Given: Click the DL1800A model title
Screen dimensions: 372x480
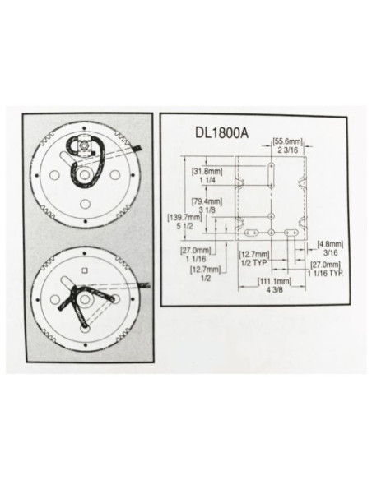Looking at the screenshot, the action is (x=221, y=133).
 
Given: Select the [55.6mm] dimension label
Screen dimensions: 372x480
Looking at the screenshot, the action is (x=287, y=141).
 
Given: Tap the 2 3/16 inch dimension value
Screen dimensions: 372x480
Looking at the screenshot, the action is (x=288, y=150).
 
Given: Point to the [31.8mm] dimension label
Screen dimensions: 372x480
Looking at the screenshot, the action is (x=207, y=172).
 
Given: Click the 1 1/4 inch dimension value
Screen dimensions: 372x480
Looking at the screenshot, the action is (x=207, y=180).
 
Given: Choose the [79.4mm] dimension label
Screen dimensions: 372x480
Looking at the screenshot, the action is (x=207, y=201).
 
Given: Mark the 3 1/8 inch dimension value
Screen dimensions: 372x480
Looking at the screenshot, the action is (x=207, y=210).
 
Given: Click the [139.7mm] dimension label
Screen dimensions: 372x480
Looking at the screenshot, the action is (x=184, y=218).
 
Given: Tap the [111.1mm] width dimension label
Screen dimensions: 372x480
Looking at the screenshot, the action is (x=275, y=281).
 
